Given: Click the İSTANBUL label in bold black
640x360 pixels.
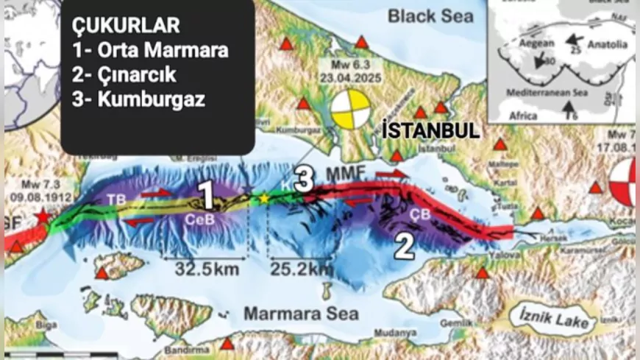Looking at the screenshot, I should [431, 131].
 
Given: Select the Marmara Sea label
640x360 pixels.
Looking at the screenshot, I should [302, 314].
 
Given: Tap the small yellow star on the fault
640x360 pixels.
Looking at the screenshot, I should [263, 198].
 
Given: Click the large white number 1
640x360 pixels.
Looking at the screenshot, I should [207, 196].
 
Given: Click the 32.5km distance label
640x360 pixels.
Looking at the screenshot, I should [207, 269].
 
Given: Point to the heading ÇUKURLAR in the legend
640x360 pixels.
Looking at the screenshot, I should [126, 26].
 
